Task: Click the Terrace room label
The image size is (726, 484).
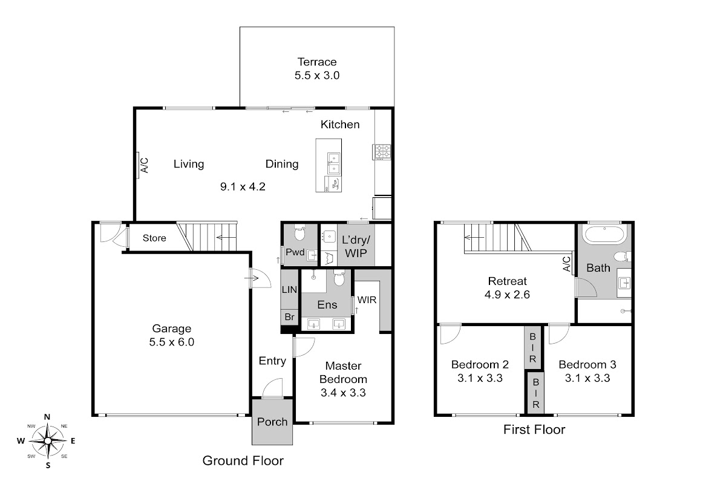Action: point(317,62)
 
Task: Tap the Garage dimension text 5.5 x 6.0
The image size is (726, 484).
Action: point(171,342)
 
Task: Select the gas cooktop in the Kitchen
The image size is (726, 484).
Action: point(382,152)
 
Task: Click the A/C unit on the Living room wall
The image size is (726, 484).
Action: point(137,165)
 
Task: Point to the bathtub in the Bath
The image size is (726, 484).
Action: point(604,234)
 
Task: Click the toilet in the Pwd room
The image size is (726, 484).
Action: point(299,233)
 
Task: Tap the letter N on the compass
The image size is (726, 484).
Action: point(47,417)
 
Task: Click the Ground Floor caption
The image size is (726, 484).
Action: point(243,460)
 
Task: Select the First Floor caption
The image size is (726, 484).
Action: point(534,430)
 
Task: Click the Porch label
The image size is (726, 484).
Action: point(272,422)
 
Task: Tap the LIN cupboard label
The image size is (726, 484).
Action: point(289,289)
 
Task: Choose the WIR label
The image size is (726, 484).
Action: point(367,300)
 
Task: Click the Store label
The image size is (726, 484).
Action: point(154,238)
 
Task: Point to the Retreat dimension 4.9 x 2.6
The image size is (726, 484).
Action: point(507,295)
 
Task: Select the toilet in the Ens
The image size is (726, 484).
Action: point(339,278)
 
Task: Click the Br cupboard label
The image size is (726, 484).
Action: point(289,317)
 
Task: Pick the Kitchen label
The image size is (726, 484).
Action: point(340,125)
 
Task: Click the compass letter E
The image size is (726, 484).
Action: point(73,441)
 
